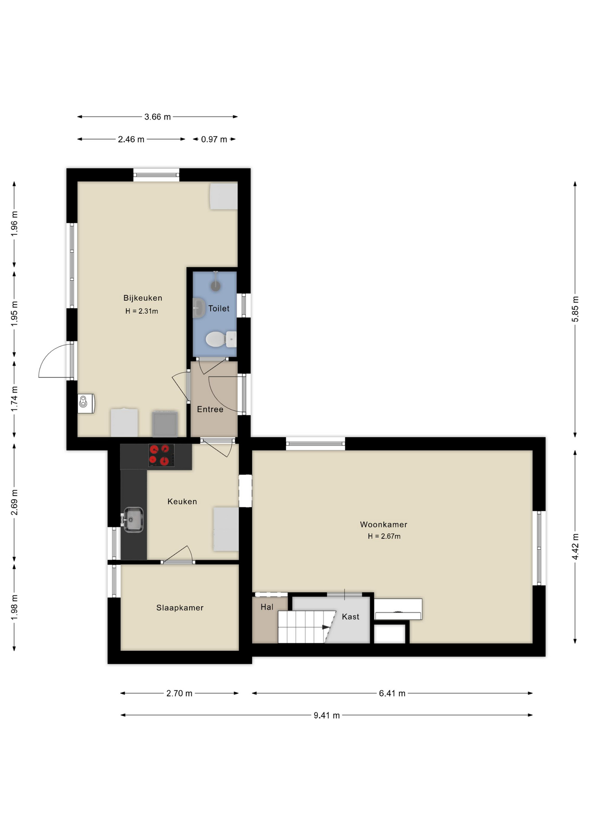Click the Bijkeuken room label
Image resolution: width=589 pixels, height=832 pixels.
tap(143, 298)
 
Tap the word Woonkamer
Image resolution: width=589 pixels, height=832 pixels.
tap(383, 524)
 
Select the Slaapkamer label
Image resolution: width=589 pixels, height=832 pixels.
tap(180, 608)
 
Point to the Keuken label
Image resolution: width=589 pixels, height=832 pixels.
tap(182, 501)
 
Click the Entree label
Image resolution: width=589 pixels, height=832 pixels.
tap(210, 409)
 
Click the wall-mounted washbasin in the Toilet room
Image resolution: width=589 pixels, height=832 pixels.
tap(199, 308)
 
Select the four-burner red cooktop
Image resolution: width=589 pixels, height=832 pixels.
tap(161, 455)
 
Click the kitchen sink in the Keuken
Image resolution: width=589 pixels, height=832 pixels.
tap(133, 520)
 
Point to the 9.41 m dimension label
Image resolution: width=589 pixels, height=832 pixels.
tap(327, 715)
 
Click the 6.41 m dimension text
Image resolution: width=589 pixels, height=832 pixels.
tap(392, 693)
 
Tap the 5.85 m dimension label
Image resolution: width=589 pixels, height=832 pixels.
tap(576, 309)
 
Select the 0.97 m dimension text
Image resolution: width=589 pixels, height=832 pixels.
tap(214, 140)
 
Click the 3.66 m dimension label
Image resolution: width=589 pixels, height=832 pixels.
tap(157, 117)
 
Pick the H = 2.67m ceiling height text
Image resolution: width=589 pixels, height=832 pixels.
tap(384, 536)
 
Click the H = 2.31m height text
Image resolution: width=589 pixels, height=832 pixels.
tap(142, 311)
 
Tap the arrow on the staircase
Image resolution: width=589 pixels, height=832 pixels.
tap(325, 627)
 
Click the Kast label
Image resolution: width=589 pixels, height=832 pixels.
tap(350, 617)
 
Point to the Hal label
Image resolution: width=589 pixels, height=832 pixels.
tap(267, 607)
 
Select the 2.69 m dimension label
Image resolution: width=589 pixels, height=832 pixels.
tap(14, 502)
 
